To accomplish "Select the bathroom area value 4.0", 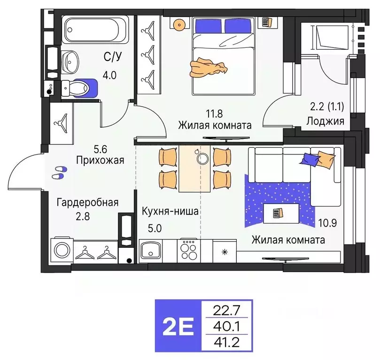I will (110, 75).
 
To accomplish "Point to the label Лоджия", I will (325, 121).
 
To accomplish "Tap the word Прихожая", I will (100, 160).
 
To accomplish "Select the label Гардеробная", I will (87, 203).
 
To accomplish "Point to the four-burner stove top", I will (189, 250).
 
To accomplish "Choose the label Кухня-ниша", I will (170, 211).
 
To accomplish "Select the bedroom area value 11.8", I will (214, 113).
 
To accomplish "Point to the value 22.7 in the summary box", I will (226, 310).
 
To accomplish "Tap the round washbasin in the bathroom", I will (72, 60).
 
